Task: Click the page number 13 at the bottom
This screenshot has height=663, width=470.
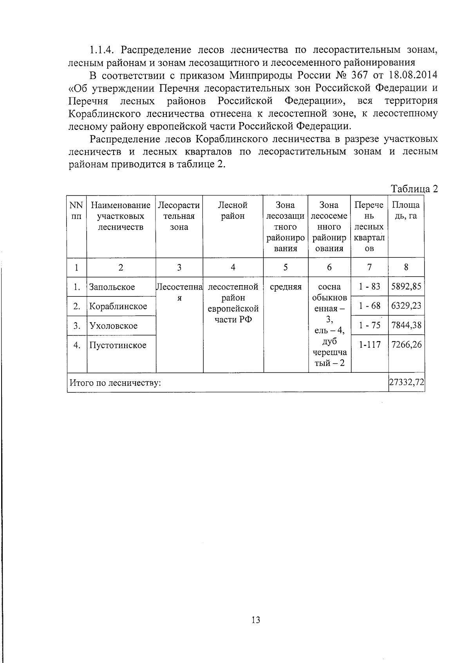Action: [x=256, y=620]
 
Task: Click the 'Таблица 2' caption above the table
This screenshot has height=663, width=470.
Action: [x=414, y=189]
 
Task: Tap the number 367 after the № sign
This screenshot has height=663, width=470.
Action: [x=357, y=75]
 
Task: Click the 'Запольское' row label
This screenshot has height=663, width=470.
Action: [x=112, y=287]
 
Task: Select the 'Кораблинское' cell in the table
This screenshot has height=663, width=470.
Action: [x=118, y=306]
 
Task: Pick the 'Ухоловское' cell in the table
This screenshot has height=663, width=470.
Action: [x=113, y=326]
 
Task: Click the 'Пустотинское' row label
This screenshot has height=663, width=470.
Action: [x=117, y=345]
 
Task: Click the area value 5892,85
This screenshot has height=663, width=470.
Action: [x=406, y=287]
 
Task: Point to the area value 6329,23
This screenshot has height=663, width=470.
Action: [x=406, y=305]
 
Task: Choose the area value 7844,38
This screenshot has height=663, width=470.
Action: [x=406, y=325]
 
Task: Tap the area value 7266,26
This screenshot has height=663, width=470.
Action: [x=406, y=345]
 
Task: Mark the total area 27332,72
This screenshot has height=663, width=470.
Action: [x=406, y=382]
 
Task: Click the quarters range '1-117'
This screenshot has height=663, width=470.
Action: [x=369, y=345]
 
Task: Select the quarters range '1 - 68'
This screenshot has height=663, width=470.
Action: [x=369, y=305]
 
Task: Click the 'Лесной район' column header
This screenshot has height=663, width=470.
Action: [x=233, y=210]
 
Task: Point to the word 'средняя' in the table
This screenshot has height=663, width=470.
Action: [x=286, y=287]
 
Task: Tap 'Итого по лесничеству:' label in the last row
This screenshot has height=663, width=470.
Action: [x=115, y=383]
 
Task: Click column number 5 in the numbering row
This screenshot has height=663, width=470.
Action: [x=286, y=267]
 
